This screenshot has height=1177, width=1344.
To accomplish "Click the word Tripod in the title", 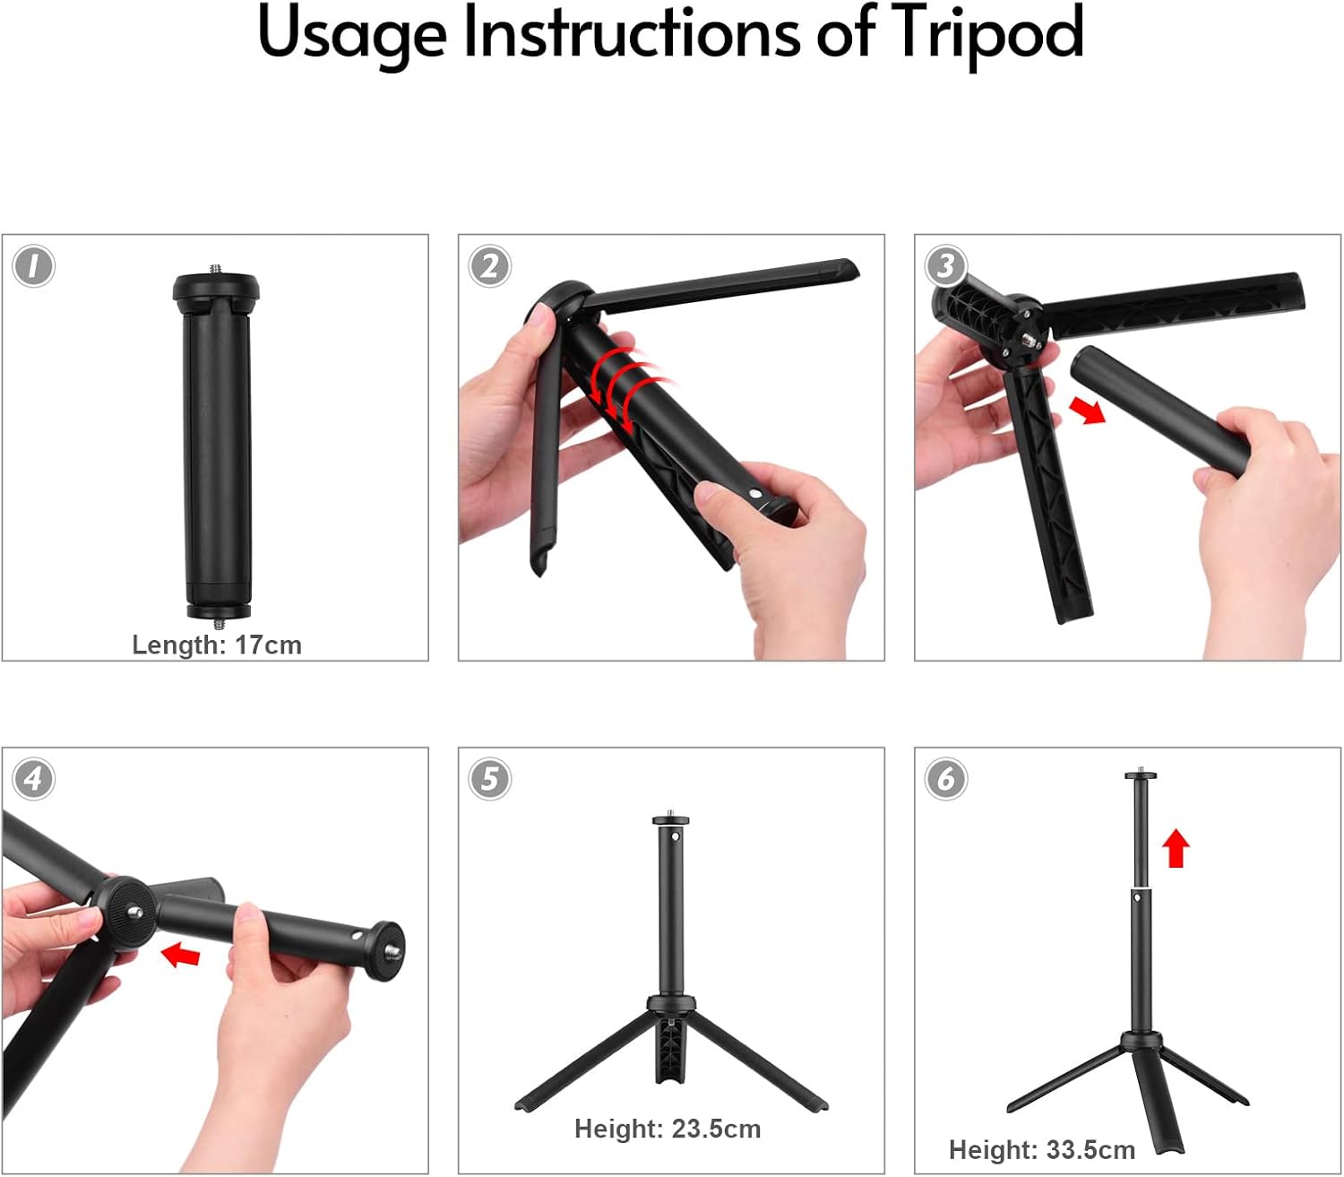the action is click(x=986, y=33).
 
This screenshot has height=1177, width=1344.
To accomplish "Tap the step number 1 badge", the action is click(x=33, y=266).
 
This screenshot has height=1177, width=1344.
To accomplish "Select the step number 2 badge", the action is click(x=489, y=266).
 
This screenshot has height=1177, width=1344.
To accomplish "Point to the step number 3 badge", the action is click(x=946, y=266).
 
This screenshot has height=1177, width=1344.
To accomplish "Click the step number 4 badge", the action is click(x=33, y=779).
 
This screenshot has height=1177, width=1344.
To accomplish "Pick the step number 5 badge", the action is click(x=489, y=779).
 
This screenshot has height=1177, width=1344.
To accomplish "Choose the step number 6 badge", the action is click(x=946, y=779).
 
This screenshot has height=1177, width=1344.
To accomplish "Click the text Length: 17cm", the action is click(x=217, y=645).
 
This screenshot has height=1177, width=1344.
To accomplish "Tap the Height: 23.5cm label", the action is click(x=668, y=1129).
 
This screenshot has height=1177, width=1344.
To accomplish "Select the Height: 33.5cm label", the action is click(x=1042, y=1149).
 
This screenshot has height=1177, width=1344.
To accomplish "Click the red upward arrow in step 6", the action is click(x=1176, y=848).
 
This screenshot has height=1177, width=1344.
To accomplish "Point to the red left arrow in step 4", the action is click(x=180, y=954).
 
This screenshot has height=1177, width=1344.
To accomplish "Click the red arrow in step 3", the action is click(x=1087, y=411).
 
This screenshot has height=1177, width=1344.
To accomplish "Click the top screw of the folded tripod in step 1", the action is click(x=216, y=270).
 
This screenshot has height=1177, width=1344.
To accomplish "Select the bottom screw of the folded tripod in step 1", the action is click(x=219, y=622).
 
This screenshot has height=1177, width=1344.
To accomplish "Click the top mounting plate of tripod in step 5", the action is click(x=671, y=819).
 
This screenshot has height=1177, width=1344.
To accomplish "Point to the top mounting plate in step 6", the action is click(x=1141, y=775).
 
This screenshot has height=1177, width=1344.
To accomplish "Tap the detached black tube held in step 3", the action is click(x=1160, y=412).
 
